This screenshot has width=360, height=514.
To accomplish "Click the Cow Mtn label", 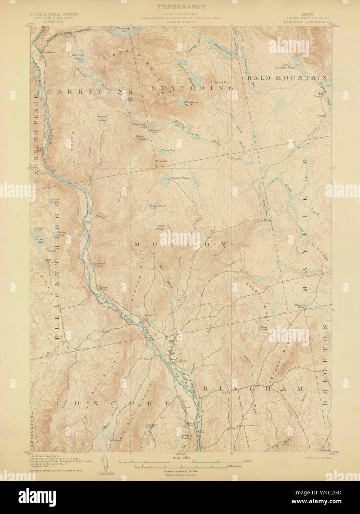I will [160, 161].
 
